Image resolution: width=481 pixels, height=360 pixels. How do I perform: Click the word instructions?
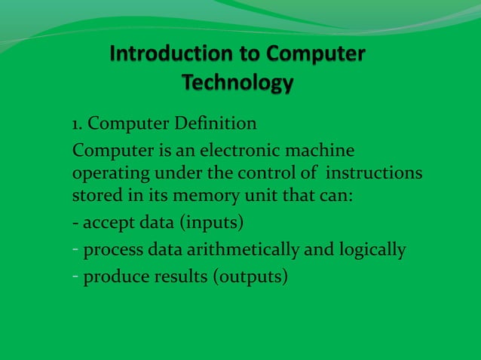click(374, 175)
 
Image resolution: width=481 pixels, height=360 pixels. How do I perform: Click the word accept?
click(106, 225)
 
